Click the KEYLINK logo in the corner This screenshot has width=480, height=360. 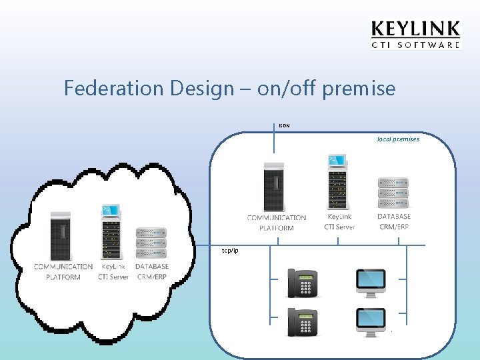[x=415, y=34]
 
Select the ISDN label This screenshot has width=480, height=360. [x=284, y=125]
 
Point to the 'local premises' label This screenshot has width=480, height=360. [x=398, y=139]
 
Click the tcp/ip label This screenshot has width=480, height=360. [x=230, y=251]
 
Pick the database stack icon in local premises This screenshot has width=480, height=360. [x=393, y=193]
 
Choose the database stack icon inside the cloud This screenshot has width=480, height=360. [x=151, y=243]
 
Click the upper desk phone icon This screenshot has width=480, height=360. [x=301, y=283]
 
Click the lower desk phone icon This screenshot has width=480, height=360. [x=301, y=322]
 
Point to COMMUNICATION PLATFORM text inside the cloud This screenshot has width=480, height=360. [x=63, y=272]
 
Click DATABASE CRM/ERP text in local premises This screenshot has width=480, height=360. [x=394, y=222]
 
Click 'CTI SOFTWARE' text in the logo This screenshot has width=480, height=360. [x=415, y=45]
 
